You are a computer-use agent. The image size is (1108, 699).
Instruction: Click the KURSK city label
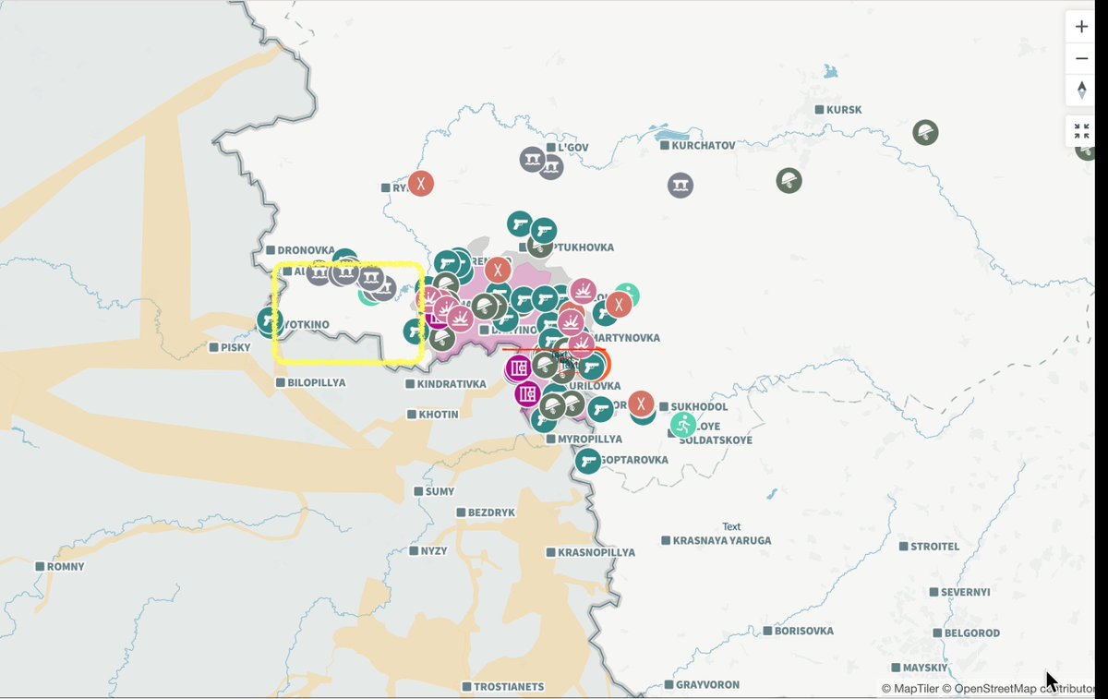[844, 110]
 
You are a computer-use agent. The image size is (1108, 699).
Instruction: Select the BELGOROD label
[972, 633]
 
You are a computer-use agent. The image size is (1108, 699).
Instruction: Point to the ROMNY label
[65, 566]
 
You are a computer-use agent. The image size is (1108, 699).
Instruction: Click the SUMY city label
[440, 491]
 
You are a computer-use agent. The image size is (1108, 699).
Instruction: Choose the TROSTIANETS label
[509, 687]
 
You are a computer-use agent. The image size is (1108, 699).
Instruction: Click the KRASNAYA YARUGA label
[721, 540]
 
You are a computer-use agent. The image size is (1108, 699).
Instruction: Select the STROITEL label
[934, 546]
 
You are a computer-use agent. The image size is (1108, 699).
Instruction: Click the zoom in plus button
[1081, 27]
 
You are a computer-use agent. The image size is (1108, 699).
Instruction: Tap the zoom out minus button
[1081, 59]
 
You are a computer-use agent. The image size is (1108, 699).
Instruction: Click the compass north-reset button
[1081, 90]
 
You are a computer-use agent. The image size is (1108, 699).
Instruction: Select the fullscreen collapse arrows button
[1081, 131]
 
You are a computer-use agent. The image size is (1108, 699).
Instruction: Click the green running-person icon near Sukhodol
[683, 425]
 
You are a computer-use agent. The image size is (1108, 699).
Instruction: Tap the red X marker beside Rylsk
[421, 183]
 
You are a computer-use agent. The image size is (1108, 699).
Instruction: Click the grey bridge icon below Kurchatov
[680, 186]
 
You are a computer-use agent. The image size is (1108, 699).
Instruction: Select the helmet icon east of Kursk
[925, 132]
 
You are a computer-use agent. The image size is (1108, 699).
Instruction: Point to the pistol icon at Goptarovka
[588, 460]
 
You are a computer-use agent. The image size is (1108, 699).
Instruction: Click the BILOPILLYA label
[316, 381]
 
